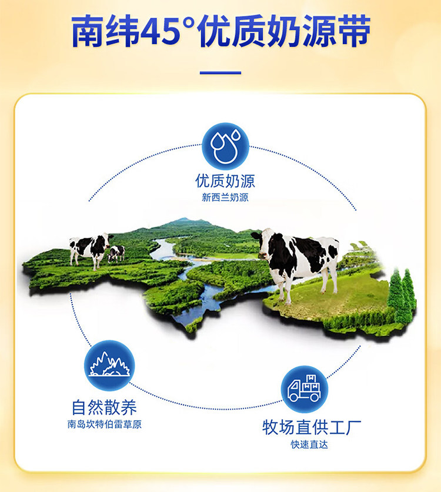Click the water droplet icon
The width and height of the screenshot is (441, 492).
tap(225, 146)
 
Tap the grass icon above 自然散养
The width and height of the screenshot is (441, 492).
tap(109, 366)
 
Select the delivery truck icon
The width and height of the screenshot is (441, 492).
tap(304, 389)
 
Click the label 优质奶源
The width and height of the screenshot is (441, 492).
tap(225, 181)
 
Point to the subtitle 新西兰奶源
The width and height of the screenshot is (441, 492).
tap(225, 198)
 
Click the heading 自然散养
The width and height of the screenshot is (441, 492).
tap(104, 407)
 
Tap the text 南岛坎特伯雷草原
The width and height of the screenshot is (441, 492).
tap(105, 424)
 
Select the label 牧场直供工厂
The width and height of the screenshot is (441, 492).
tap(312, 427)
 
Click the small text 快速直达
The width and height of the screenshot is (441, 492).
tap(309, 444)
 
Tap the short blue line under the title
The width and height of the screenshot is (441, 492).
tap(220, 73)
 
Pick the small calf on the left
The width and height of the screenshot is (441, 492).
tap(116, 254)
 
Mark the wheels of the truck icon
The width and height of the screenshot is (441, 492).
tap(304, 398)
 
